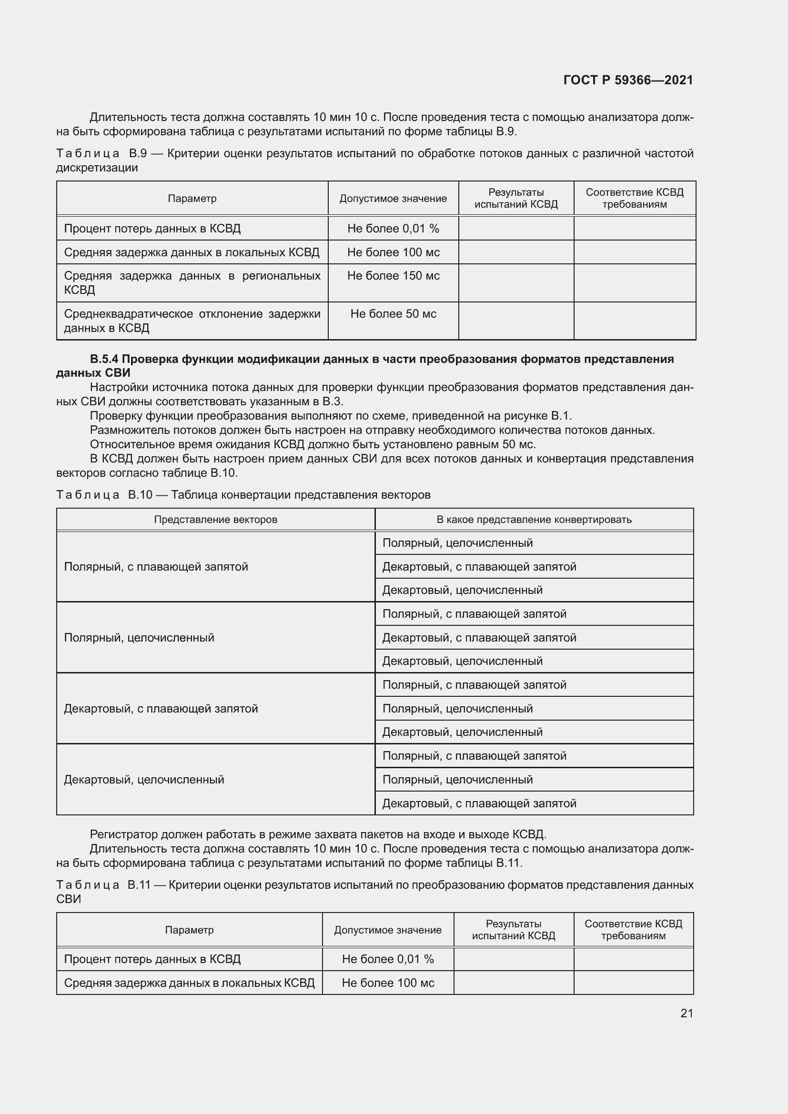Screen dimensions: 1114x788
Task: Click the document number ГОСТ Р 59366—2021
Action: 628,80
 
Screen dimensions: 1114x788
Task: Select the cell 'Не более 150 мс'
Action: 393,276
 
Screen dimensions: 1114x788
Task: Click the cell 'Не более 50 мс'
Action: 393,314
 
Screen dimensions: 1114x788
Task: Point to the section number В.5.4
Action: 104,359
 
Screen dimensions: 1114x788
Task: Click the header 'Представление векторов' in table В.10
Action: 215,520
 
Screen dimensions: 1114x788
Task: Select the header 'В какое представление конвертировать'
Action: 534,520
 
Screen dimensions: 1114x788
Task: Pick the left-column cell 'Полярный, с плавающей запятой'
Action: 156,567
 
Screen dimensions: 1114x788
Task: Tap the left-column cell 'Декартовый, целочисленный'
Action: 143,780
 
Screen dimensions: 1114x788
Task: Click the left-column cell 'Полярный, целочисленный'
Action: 139,638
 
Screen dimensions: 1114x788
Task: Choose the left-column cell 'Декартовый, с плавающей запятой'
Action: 161,709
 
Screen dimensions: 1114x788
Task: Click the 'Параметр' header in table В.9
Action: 192,199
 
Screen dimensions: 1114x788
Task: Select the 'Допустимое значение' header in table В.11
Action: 388,930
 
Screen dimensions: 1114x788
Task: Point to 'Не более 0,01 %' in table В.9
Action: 393,229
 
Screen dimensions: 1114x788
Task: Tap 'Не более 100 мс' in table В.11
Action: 388,983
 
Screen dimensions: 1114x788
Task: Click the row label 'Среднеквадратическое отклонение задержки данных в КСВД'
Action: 192,321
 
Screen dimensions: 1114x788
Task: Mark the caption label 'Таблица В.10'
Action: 104,495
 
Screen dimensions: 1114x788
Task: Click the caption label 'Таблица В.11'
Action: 104,885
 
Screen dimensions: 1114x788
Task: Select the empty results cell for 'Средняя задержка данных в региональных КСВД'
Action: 516,283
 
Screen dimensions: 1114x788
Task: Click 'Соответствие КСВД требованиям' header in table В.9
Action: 634,199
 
